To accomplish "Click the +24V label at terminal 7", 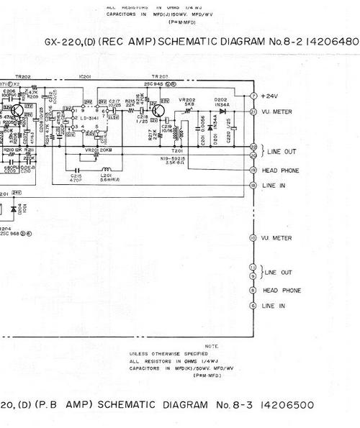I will pos(270,96).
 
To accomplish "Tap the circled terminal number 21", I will pos(253,111).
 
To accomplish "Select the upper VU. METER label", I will pos(278,111).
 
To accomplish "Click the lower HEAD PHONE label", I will pos(281,291).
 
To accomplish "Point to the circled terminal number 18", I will pos(253,185).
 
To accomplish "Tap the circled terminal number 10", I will pos(253,238).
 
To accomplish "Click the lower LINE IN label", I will pos(273,306).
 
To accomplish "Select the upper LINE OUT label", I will pos(280,152).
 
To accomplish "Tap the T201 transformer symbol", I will pos(178,132).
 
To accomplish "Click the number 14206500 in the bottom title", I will pos(287,405).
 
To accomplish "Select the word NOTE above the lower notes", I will pos(211,346).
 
